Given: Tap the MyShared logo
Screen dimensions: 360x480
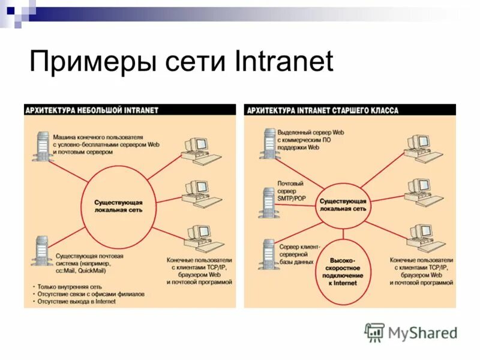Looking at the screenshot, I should (411, 332).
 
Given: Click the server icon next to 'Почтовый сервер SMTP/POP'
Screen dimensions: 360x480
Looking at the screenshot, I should (266, 201).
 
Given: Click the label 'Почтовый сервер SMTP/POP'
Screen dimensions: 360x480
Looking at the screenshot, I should (291, 191).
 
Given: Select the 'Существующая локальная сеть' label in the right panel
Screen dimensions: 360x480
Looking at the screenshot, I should (343, 204).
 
